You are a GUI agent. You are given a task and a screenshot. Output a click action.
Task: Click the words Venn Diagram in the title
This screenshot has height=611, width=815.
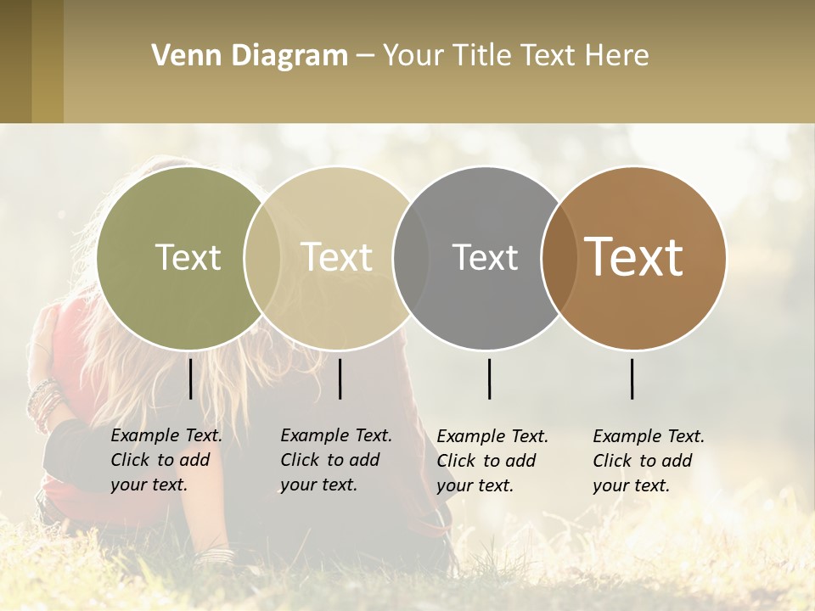click(250, 56)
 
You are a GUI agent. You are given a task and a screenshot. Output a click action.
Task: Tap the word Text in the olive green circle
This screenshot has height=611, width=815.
click(188, 257)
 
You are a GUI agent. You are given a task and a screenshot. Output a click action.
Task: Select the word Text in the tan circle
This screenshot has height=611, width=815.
click(336, 257)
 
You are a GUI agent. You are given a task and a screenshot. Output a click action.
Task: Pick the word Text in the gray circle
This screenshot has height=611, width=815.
click(485, 257)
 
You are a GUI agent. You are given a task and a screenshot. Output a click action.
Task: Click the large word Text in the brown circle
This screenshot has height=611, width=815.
click(633, 257)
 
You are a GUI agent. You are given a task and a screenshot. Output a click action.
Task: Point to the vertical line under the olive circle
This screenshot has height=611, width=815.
click(190, 378)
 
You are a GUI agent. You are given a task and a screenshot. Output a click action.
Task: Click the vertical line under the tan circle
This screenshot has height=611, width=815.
click(340, 378)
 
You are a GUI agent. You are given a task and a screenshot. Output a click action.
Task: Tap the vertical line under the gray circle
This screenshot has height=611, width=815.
click(489, 378)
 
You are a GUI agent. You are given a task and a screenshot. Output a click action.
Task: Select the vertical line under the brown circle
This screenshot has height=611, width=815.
click(632, 378)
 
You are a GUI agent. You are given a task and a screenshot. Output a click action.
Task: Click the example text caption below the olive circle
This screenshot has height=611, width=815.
click(166, 460)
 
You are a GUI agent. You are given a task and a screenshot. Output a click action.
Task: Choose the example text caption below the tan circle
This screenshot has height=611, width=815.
click(336, 460)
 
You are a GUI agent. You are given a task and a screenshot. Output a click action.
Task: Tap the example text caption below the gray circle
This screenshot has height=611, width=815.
click(492, 461)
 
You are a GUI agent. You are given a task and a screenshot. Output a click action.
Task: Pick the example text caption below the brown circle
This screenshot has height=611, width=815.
click(649, 461)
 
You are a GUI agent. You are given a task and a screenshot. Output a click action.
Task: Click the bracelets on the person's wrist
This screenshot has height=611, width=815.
click(42, 403)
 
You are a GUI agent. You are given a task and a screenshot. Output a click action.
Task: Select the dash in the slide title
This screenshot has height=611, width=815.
click(365, 56)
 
